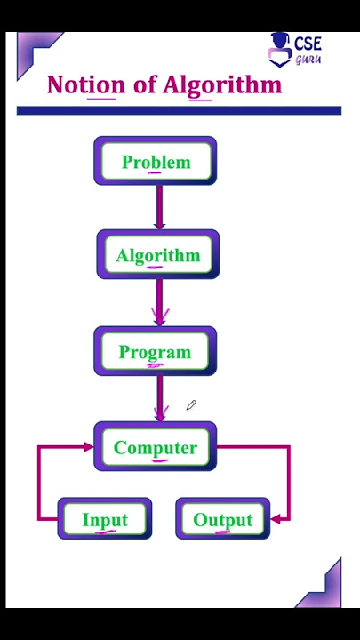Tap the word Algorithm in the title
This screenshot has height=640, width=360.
point(222,85)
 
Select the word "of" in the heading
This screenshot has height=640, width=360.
point(144,85)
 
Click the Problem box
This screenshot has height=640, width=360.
point(156,161)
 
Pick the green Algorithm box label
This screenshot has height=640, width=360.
point(158,256)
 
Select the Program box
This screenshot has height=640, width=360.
point(155,351)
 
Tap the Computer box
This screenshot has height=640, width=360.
point(156,446)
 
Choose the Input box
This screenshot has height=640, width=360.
point(105,519)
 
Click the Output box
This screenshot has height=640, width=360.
point(223,519)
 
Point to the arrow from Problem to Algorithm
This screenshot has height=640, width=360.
point(159,207)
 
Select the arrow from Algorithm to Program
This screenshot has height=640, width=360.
point(159,302)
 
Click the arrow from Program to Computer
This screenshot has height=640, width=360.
point(160,398)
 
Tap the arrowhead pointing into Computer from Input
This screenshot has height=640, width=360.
point(89,446)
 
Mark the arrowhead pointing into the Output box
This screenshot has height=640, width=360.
point(276,519)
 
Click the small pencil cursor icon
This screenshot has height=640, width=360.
point(191,405)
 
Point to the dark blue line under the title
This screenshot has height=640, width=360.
point(179,110)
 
